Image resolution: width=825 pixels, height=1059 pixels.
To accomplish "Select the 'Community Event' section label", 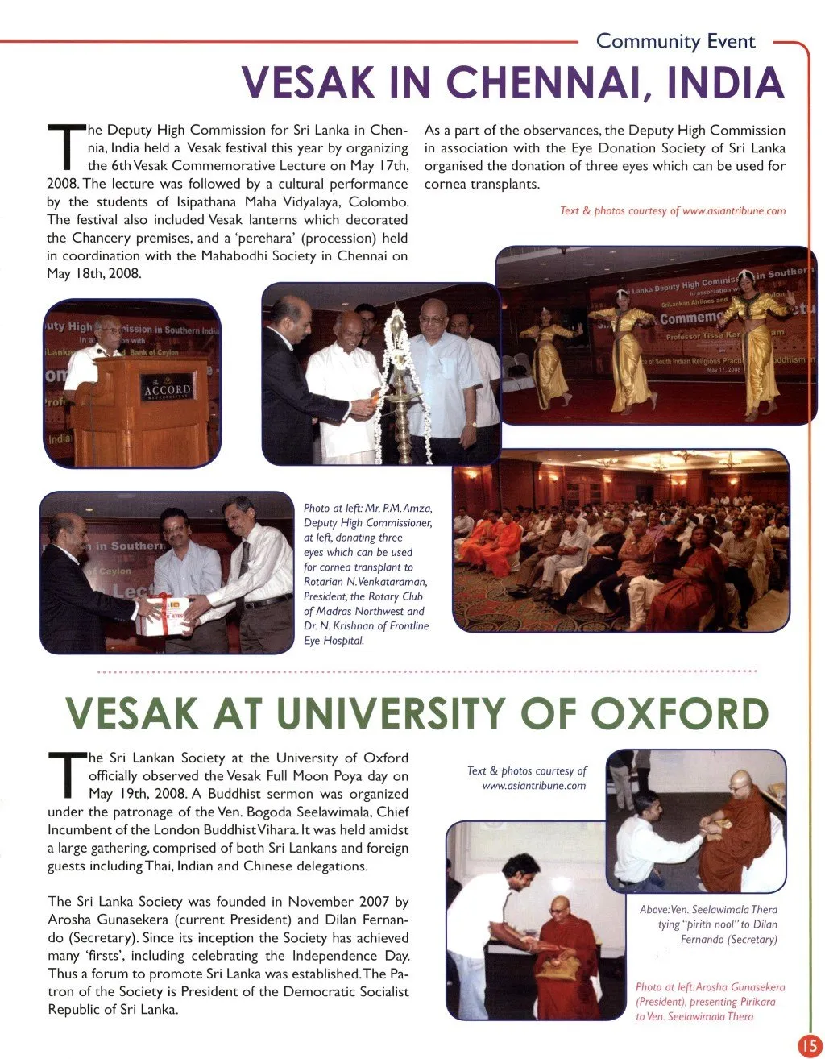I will point(675,41).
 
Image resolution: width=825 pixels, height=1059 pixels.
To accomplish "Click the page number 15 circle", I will point(809,1045).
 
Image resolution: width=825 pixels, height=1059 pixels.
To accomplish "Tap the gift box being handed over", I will point(166,613).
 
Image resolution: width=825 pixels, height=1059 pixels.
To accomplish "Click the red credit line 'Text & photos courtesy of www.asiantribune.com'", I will point(673,211).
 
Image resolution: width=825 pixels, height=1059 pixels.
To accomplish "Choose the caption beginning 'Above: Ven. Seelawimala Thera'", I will point(708,924).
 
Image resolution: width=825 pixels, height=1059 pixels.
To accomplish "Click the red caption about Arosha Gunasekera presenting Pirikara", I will point(710,1002).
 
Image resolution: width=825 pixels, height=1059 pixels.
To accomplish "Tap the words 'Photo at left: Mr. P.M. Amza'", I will point(367,509).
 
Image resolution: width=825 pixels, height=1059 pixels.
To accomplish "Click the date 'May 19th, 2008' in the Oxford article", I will point(135,794).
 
